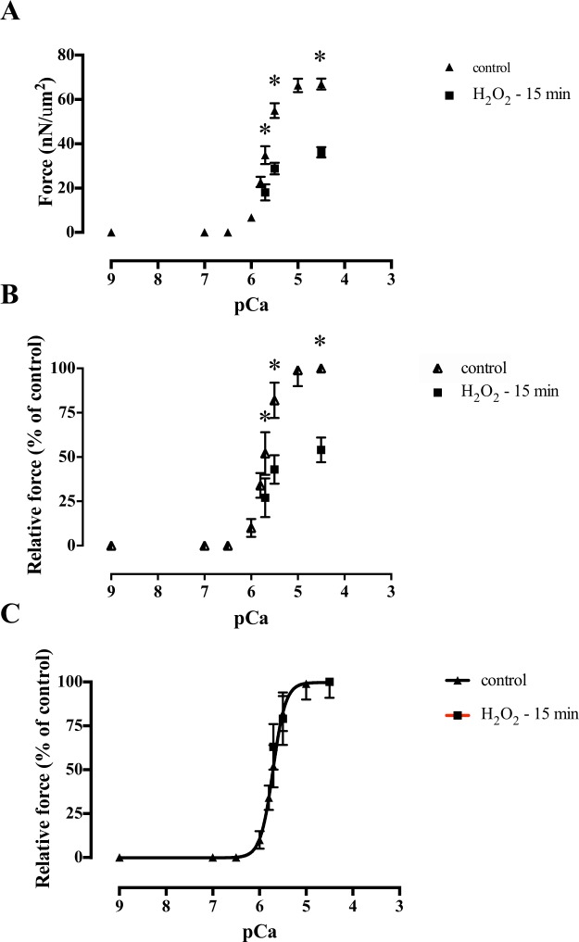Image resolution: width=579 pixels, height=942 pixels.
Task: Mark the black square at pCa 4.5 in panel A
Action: pyautogui.click(x=321, y=152)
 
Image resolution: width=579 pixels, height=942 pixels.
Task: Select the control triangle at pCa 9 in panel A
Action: pyautogui.click(x=111, y=232)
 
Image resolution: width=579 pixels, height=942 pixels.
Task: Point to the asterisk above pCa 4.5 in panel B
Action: pyautogui.click(x=321, y=341)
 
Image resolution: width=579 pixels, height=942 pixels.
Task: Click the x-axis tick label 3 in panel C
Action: pyautogui.click(x=399, y=895)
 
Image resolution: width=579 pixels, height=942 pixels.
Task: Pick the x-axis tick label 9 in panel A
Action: pyautogui.click(x=111, y=277)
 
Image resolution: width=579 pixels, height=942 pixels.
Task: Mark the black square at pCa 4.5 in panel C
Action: pyautogui.click(x=329, y=682)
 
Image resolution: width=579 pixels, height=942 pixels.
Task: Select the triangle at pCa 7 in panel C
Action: pyautogui.click(x=213, y=858)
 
